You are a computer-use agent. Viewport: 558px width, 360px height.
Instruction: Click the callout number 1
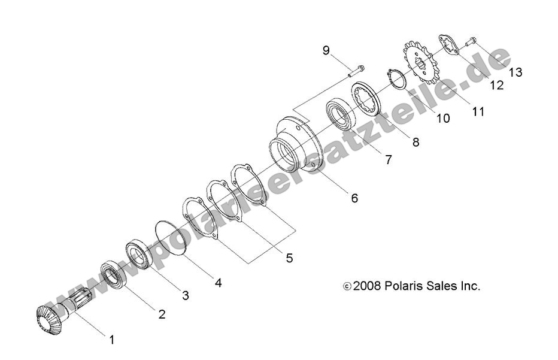(x=111, y=340)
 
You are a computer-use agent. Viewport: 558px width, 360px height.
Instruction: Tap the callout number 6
(x=354, y=198)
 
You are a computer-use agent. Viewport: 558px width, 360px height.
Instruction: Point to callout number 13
(x=515, y=72)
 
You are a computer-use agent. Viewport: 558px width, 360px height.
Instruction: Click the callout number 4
(x=219, y=282)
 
